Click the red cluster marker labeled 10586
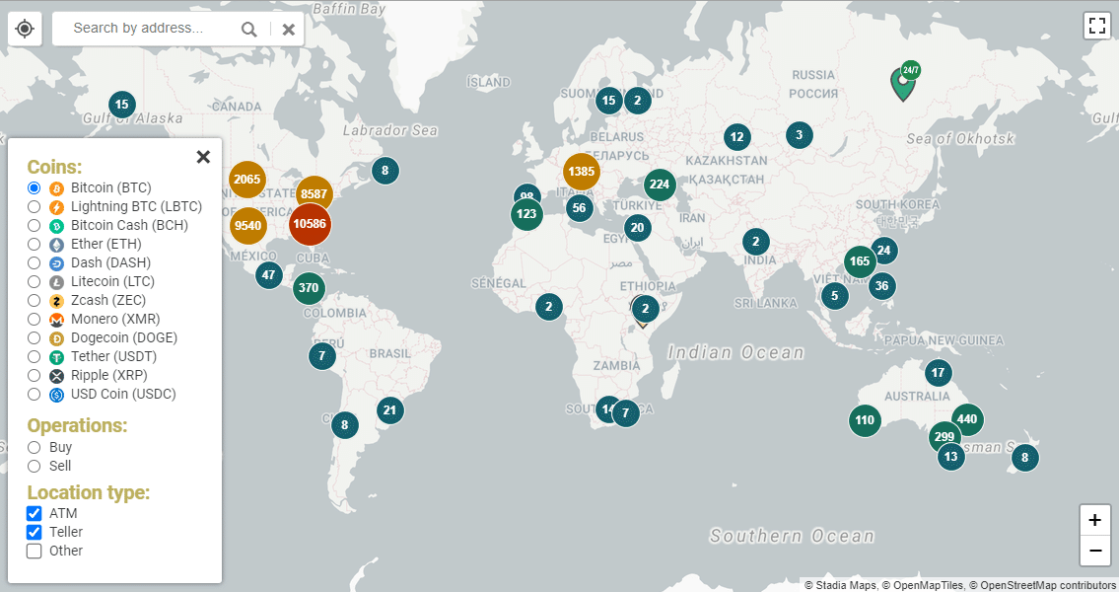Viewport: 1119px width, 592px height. click(x=310, y=224)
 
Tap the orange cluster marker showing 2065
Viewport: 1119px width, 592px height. click(x=247, y=179)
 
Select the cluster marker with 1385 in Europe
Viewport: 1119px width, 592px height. click(x=582, y=172)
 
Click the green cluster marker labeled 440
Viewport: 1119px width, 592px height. click(x=967, y=419)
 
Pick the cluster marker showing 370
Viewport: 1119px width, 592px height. click(x=309, y=288)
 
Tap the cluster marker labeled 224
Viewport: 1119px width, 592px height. click(x=660, y=185)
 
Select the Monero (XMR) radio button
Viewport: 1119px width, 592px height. click(x=35, y=320)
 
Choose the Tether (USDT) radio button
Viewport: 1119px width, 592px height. click(x=35, y=357)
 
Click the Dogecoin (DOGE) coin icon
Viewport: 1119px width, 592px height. click(x=56, y=338)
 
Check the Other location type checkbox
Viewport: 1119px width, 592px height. click(x=35, y=552)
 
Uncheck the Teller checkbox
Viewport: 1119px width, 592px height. click(x=35, y=533)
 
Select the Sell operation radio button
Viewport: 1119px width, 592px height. click(x=35, y=467)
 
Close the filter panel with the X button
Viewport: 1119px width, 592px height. click(x=203, y=157)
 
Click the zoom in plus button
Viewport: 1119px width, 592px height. click(x=1094, y=520)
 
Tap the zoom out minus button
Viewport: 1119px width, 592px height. click(x=1094, y=551)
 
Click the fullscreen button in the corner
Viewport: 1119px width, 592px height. click(x=1097, y=26)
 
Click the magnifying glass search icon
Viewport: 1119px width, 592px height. click(x=249, y=30)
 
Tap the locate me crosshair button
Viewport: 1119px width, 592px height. click(x=25, y=29)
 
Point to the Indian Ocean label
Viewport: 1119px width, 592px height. click(x=735, y=352)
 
